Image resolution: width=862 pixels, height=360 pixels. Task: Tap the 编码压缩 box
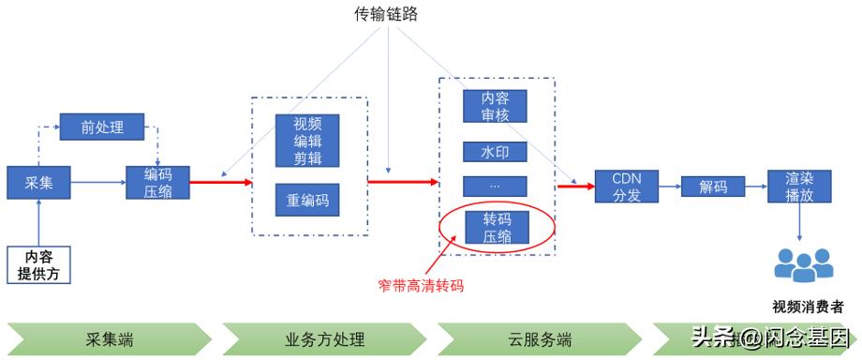157,182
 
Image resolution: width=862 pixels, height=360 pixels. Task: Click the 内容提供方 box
39,264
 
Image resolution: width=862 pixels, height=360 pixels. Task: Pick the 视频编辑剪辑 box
307,141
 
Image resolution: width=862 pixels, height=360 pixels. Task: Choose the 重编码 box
307,200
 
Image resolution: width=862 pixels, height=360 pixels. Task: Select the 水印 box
495,151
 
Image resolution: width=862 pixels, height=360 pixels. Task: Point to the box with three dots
495,186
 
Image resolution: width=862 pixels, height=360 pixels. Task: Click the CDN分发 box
626,186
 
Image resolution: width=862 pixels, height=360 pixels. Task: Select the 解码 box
713,186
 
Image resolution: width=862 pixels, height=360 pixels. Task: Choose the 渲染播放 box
798,186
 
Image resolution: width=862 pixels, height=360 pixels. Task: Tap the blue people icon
803,265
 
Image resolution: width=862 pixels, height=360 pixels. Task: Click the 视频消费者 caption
807,307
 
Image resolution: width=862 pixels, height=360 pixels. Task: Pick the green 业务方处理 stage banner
324,338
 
